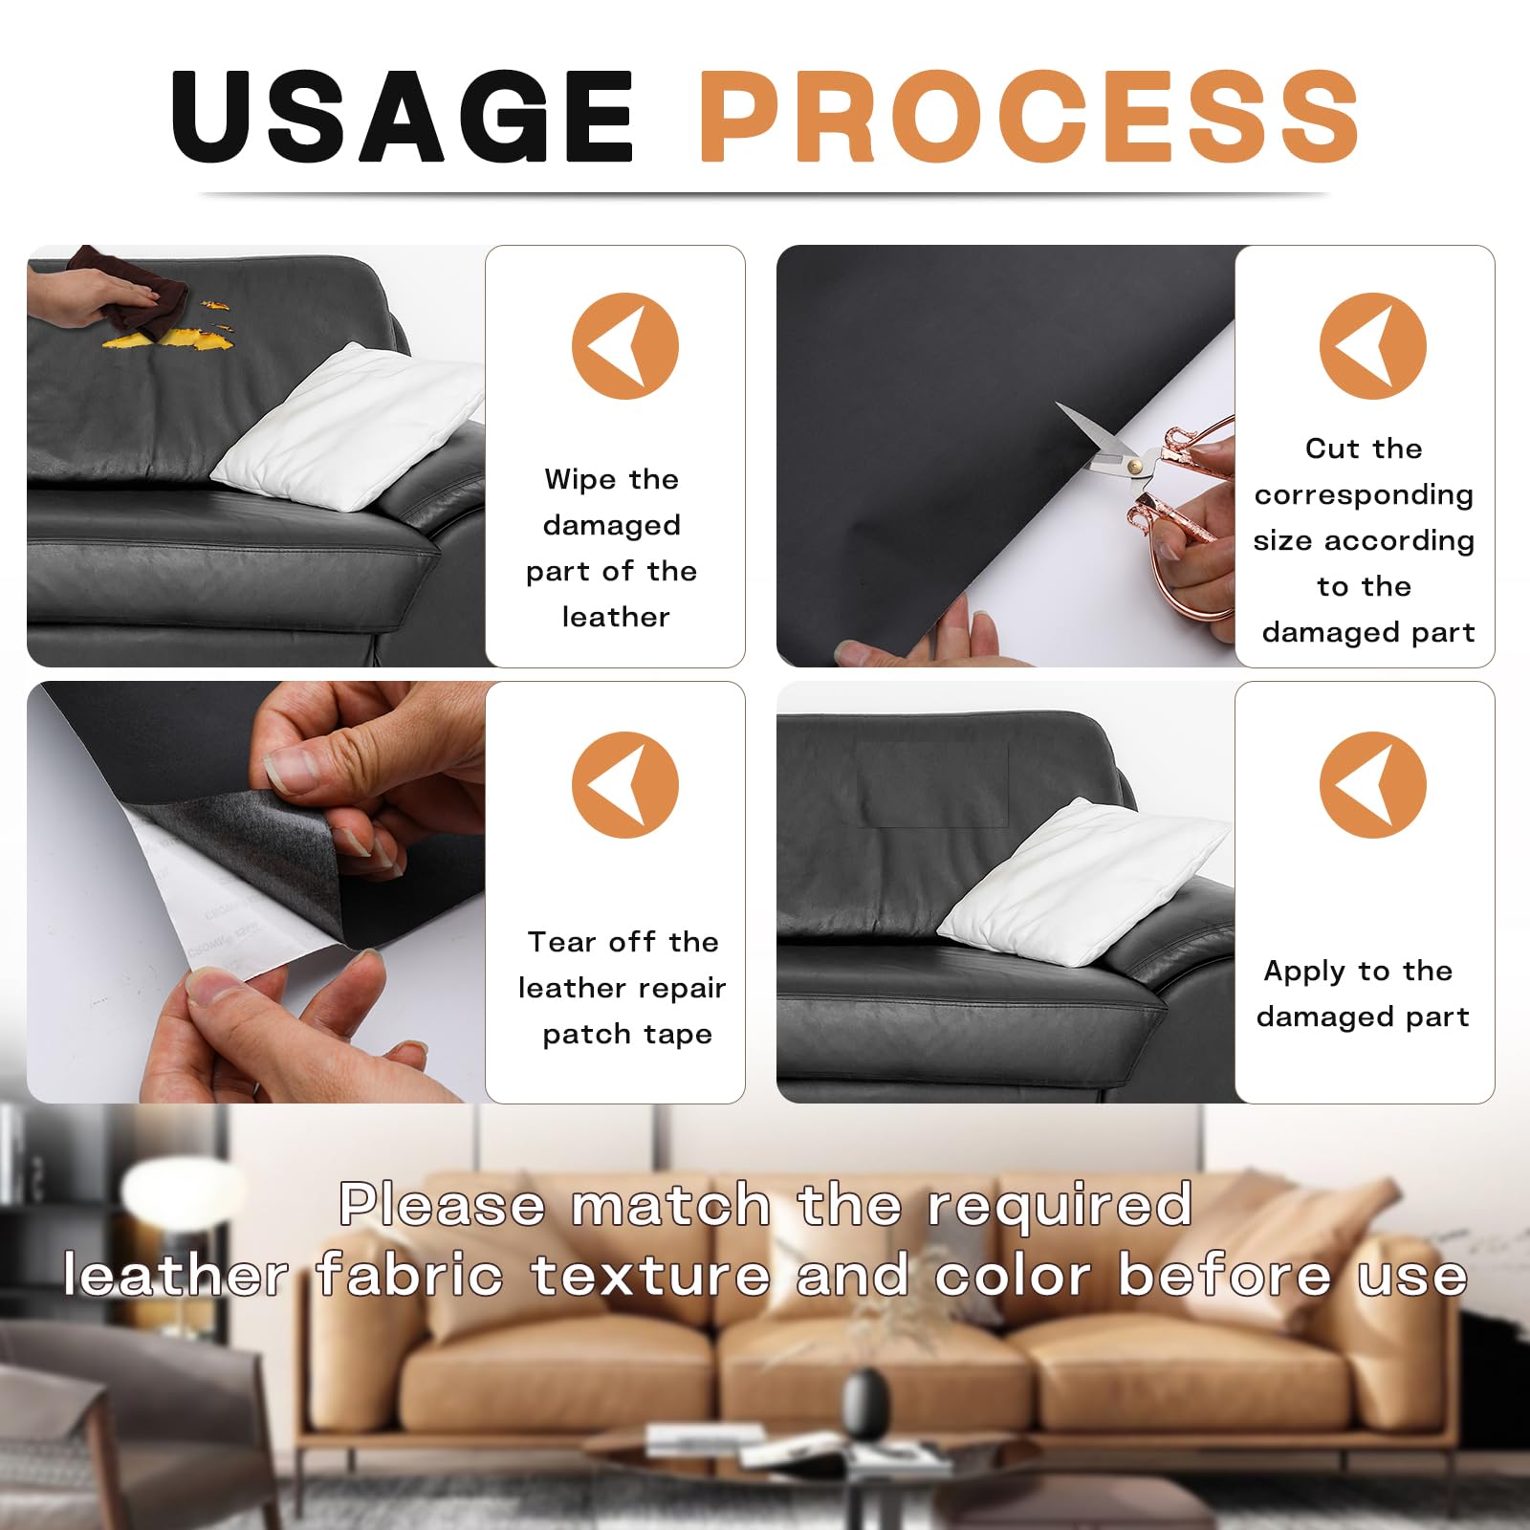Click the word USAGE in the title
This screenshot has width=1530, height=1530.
point(402,117)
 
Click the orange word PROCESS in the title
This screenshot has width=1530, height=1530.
point(1028,117)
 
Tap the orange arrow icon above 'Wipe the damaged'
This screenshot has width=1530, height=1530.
point(624,346)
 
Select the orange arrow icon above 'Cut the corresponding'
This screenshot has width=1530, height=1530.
point(1372,346)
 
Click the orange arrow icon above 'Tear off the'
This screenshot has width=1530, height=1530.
point(624,785)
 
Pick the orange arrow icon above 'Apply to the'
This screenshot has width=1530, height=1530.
point(1372,785)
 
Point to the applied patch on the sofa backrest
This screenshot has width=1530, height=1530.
point(932,784)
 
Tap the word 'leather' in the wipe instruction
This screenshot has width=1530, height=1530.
point(616,618)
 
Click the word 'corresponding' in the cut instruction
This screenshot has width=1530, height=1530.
point(1364,495)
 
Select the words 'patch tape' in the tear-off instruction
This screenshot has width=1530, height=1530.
point(627,1035)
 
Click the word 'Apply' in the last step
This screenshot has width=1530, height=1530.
point(1304,972)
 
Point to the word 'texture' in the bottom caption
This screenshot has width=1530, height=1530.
point(650,1276)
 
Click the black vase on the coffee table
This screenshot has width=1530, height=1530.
point(865,1402)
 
